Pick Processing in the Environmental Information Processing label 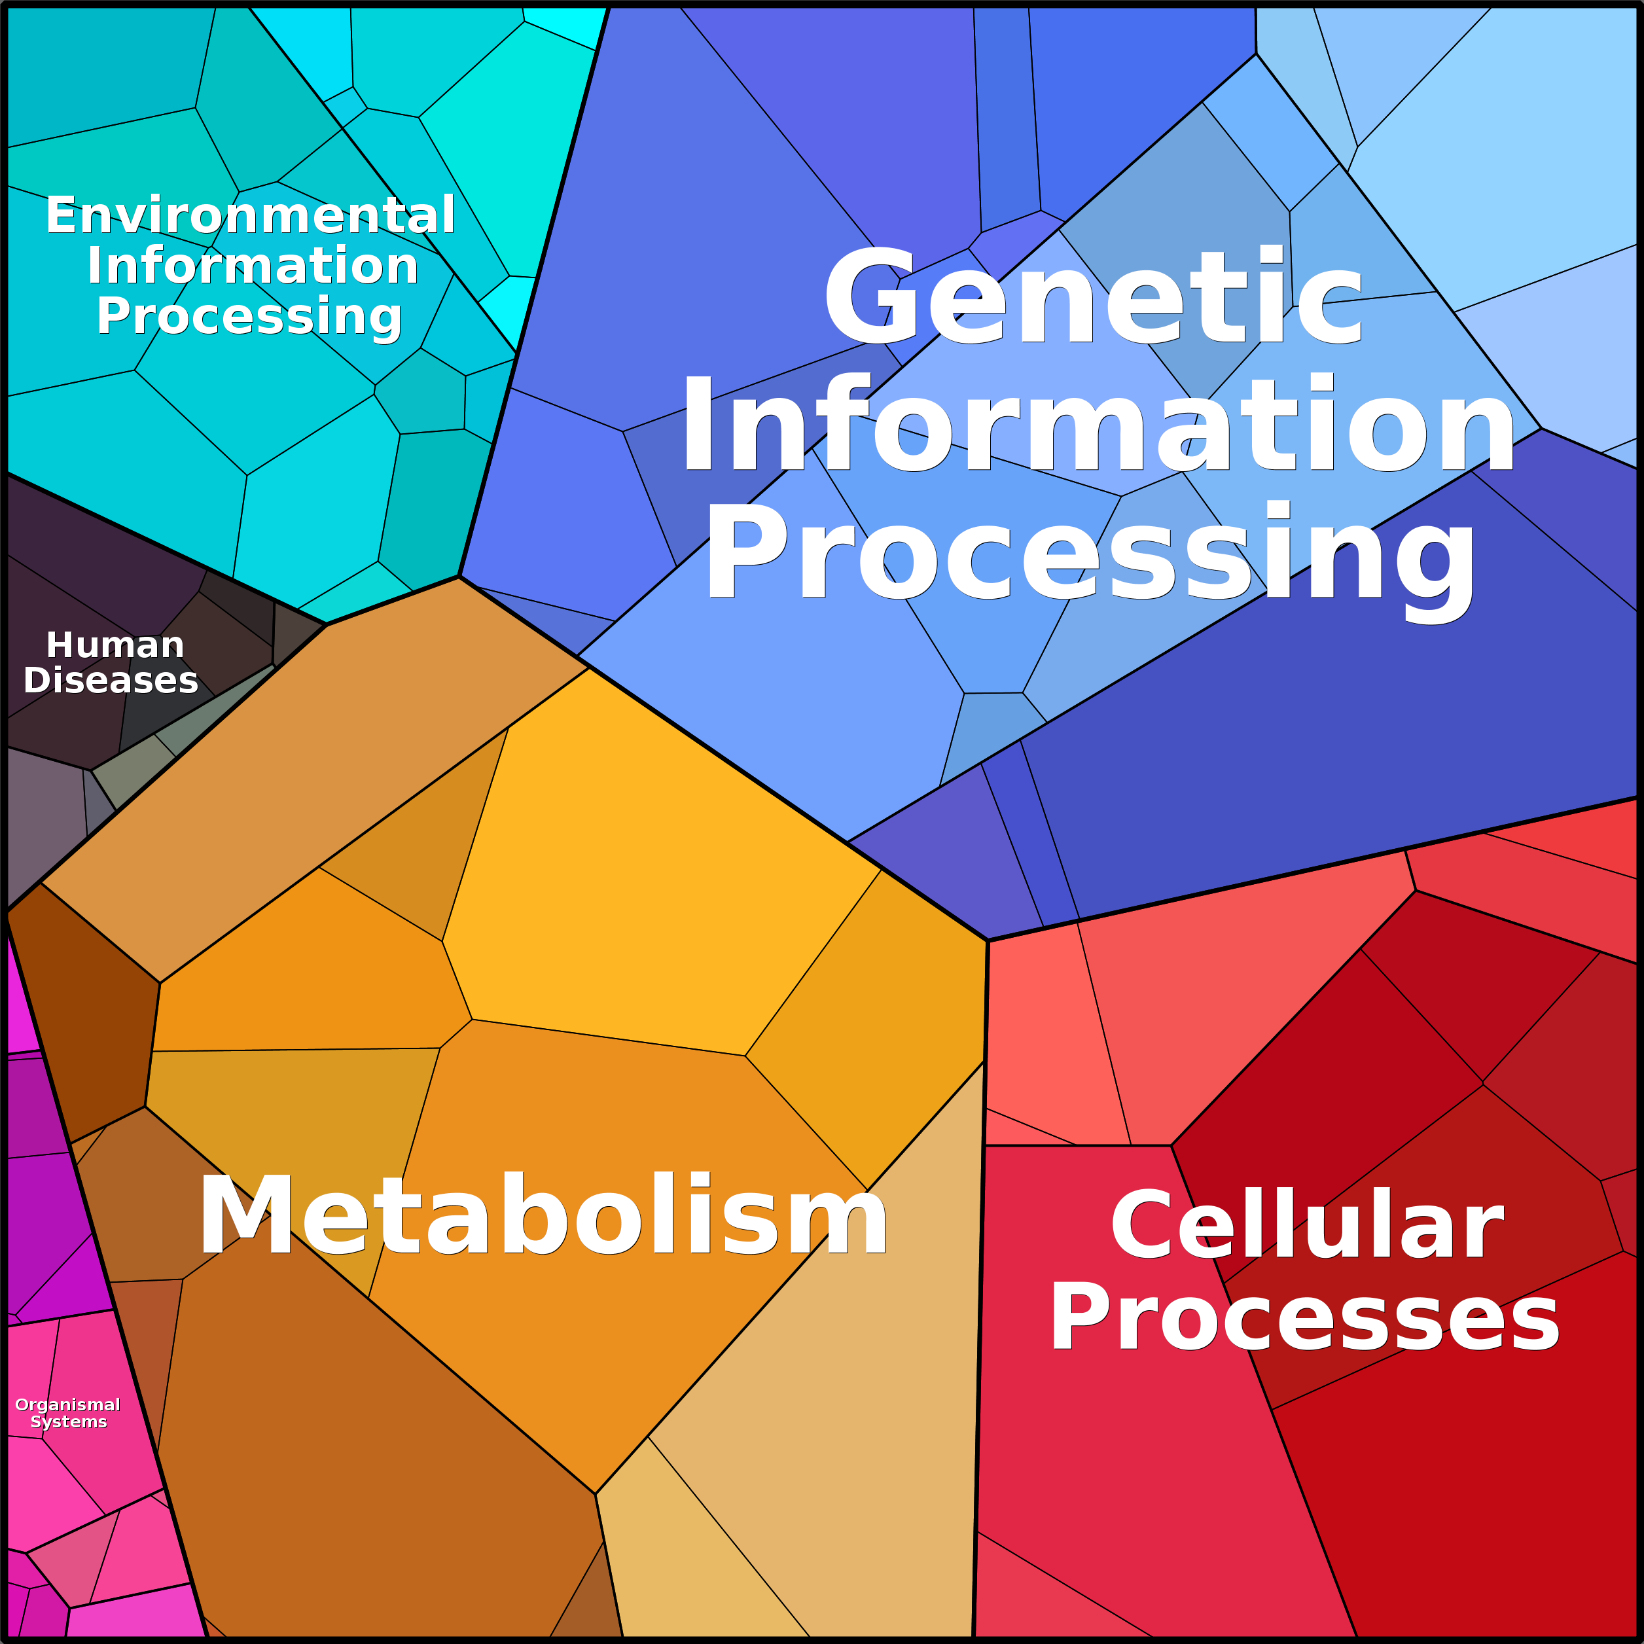coord(249,318)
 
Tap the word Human coord(115,645)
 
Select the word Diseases coord(111,680)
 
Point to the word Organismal coord(68,1406)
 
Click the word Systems coord(69,1422)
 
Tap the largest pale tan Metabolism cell coord(817,1361)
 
